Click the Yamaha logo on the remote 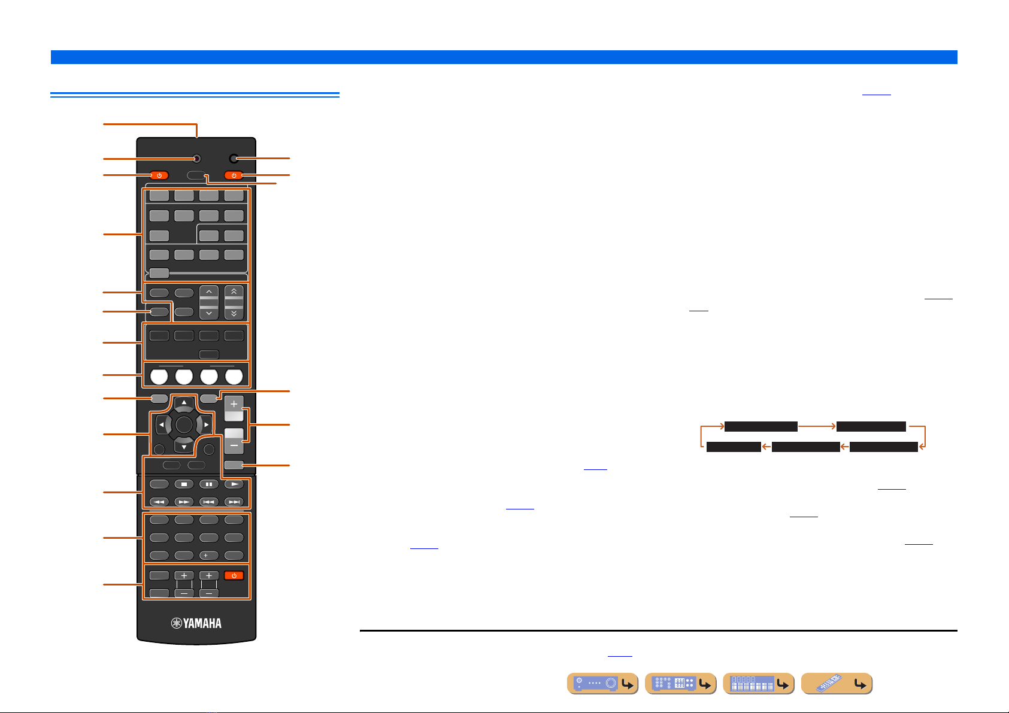point(196,623)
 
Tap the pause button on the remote point(209,484)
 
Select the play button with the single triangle point(234,484)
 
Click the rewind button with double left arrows point(159,502)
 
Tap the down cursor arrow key point(184,447)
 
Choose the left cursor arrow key point(161,424)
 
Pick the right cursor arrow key point(207,424)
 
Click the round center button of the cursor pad point(184,424)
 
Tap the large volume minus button point(234,441)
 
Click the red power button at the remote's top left point(159,175)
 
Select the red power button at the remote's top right point(234,175)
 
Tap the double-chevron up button point(234,292)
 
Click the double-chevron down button point(234,312)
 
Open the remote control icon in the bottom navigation point(837,684)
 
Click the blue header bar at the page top point(504,57)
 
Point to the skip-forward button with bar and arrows point(234,502)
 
